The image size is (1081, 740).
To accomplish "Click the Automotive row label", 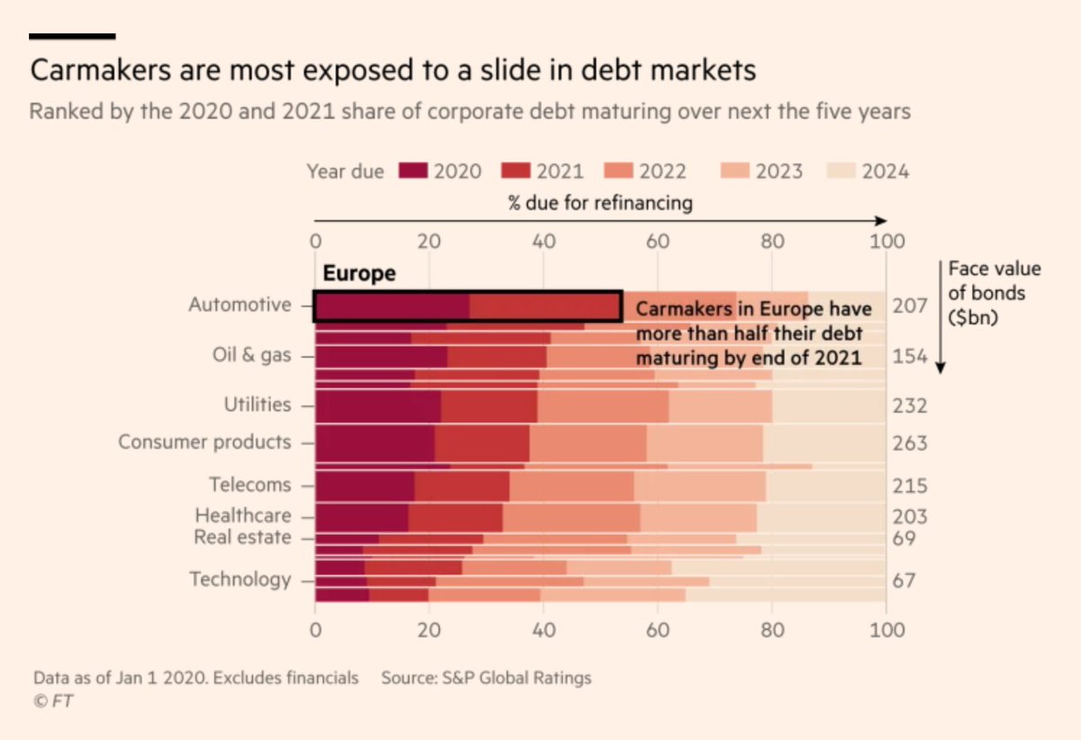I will click(240, 305).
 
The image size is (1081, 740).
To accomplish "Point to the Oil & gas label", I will click(244, 355).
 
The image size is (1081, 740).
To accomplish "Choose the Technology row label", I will click(240, 580).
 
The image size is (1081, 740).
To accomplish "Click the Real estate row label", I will click(242, 538).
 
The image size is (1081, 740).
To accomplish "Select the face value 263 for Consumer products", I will click(911, 443).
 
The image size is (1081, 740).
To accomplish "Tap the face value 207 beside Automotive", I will click(911, 306).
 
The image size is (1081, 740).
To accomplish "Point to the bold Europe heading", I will click(359, 274).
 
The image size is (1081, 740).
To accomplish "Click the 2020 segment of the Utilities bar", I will click(377, 406).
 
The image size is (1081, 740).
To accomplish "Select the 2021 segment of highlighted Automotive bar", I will click(545, 306).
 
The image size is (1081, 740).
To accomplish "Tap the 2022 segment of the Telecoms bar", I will click(571, 485).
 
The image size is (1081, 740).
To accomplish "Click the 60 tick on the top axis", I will click(657, 242).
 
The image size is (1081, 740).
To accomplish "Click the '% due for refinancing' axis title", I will click(600, 203).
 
